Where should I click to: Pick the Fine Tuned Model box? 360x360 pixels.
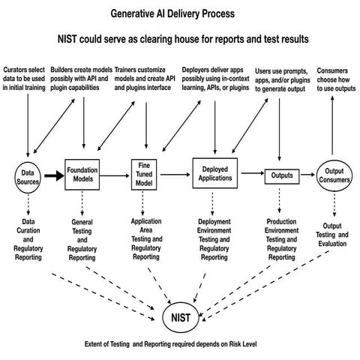[x=145, y=174]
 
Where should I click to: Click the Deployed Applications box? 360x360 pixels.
[x=215, y=174]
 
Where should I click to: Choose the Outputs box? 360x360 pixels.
[x=280, y=175]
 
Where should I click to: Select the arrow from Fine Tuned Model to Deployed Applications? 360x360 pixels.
[x=176, y=175]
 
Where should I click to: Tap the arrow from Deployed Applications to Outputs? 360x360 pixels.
[x=250, y=175]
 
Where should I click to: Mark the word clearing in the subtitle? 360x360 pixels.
[x=190, y=39]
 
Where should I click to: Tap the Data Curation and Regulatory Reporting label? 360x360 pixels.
[x=28, y=238]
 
